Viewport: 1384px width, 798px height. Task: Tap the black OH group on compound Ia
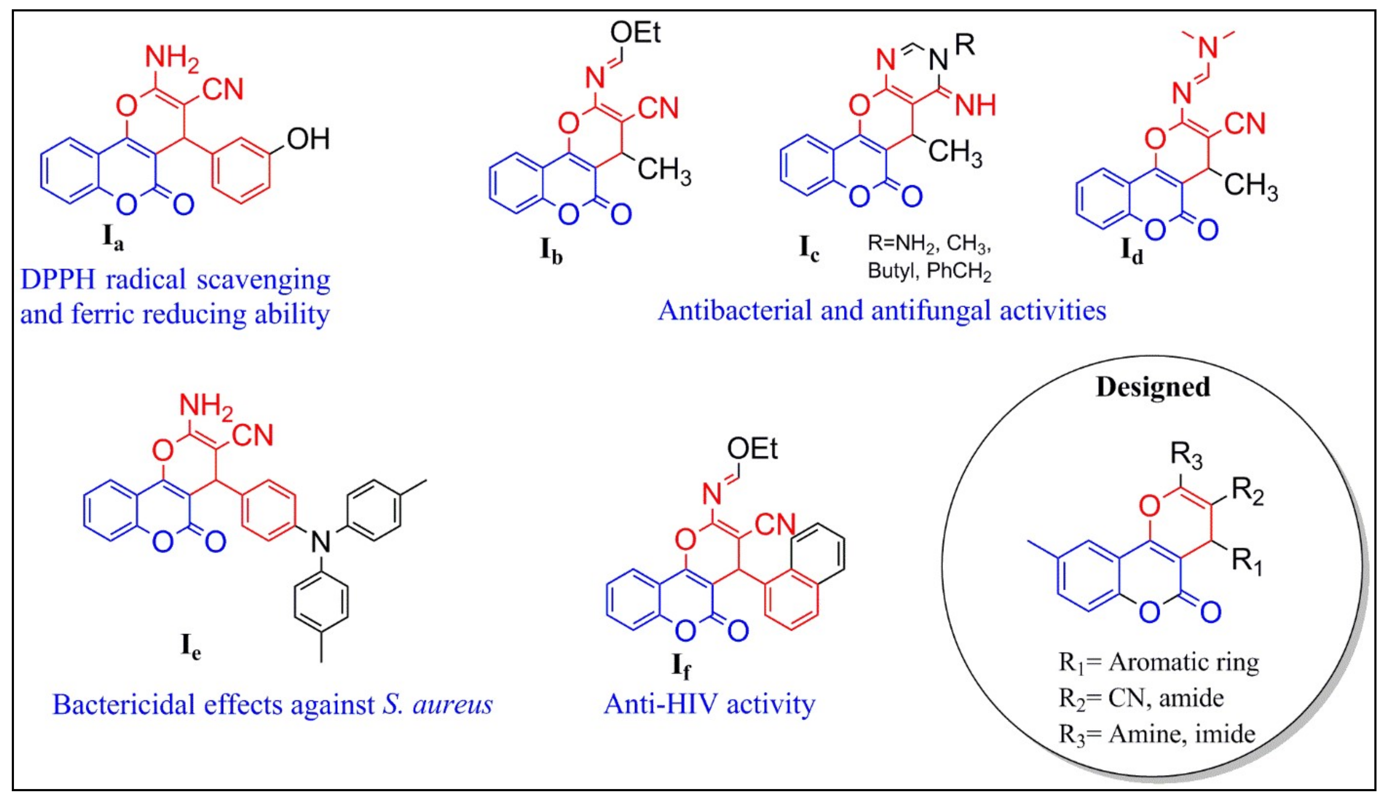[308, 139]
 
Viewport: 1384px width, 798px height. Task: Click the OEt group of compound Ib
[635, 33]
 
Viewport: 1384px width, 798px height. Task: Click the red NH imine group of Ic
[975, 105]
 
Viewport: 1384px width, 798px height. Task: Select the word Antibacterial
[734, 311]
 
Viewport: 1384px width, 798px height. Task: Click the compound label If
[681, 666]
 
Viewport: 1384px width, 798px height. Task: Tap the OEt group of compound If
[752, 449]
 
